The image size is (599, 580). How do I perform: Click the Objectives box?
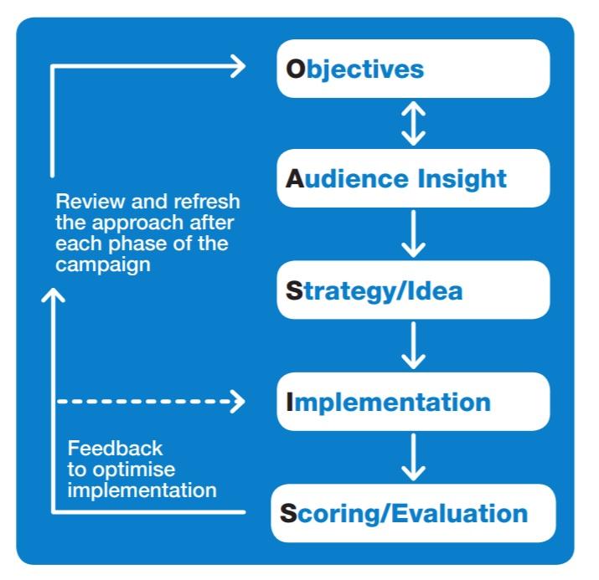coord(413,69)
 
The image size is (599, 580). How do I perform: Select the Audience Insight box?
coord(413,178)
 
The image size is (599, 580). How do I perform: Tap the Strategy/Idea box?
coord(413,290)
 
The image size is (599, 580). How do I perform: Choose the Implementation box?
coord(413,402)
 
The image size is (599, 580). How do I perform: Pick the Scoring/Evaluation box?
coord(413,513)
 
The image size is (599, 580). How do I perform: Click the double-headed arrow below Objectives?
coord(414,123)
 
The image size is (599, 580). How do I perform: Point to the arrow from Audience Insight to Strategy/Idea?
coord(414,234)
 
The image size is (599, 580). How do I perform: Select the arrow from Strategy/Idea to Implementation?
coord(414,345)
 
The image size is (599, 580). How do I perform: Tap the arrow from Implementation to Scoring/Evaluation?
coord(414,457)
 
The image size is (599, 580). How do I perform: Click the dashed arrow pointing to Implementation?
coord(151,402)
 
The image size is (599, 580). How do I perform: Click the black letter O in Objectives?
coord(296,69)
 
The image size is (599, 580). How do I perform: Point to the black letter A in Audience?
coord(294,179)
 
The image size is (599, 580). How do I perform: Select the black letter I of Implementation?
coord(290,402)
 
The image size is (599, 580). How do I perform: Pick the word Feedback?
coord(115,449)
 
